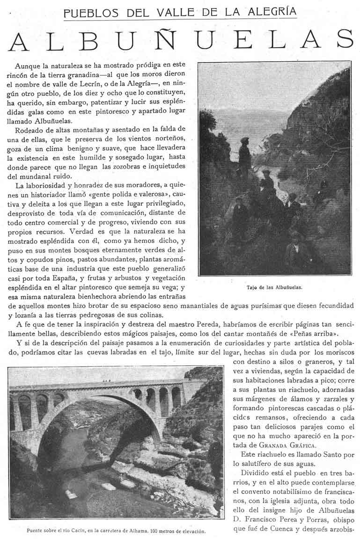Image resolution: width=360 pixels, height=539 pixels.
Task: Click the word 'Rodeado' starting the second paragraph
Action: (29, 129)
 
